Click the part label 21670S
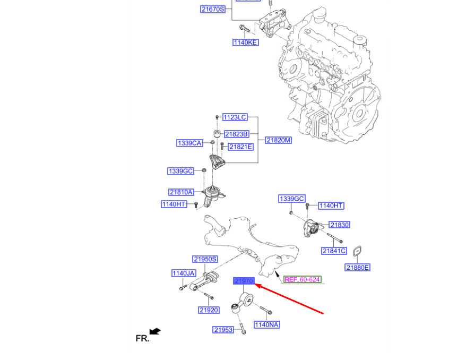click(213, 9)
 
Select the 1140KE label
click(245, 42)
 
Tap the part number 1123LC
click(235, 117)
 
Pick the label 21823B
click(236, 134)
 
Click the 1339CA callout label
click(189, 143)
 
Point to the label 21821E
click(240, 147)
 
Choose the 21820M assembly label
click(279, 140)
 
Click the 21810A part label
click(181, 192)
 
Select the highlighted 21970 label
click(244, 280)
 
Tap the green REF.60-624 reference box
click(302, 279)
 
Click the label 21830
click(339, 225)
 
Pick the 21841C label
click(334, 251)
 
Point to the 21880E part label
click(357, 268)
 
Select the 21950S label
click(205, 259)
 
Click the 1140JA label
click(184, 273)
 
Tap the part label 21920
click(209, 310)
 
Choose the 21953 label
click(223, 330)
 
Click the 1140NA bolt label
click(266, 324)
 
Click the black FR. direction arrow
click(155, 332)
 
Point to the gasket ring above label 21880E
click(359, 250)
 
